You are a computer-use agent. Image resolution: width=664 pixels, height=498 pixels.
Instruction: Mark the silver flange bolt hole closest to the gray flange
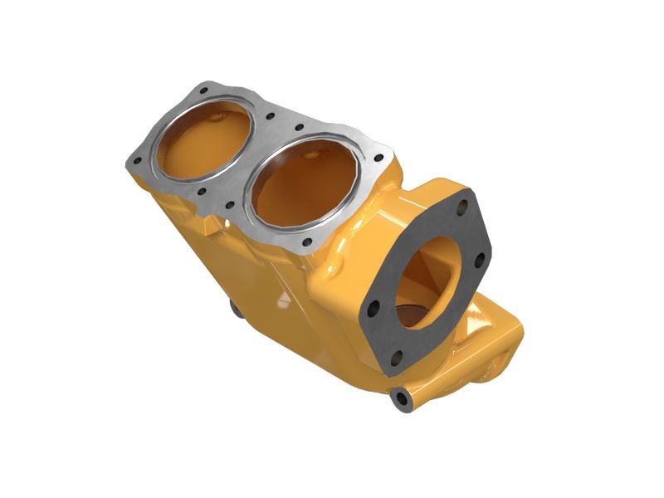(379, 159)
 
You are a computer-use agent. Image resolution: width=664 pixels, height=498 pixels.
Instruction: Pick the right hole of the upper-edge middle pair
(299, 128)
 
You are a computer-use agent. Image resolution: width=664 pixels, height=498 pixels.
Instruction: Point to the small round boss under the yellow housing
(235, 310)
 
